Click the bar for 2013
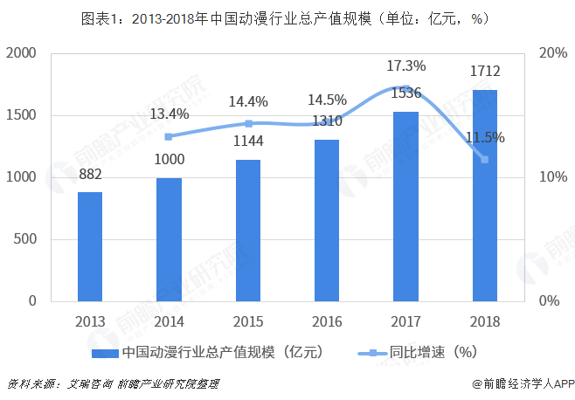tap(89, 246)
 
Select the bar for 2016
tap(327, 220)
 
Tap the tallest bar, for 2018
tap(485, 195)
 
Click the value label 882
tap(90, 174)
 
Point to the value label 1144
tap(248, 141)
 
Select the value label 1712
tap(485, 72)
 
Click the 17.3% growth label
tap(406, 66)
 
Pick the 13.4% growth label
tap(170, 114)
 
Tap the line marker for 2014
tap(169, 136)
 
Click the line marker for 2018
tap(485, 159)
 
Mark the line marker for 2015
tap(248, 123)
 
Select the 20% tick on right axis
tap(554, 53)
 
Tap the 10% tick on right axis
tap(554, 177)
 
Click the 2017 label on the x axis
tap(406, 321)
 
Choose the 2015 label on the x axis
tap(248, 321)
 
